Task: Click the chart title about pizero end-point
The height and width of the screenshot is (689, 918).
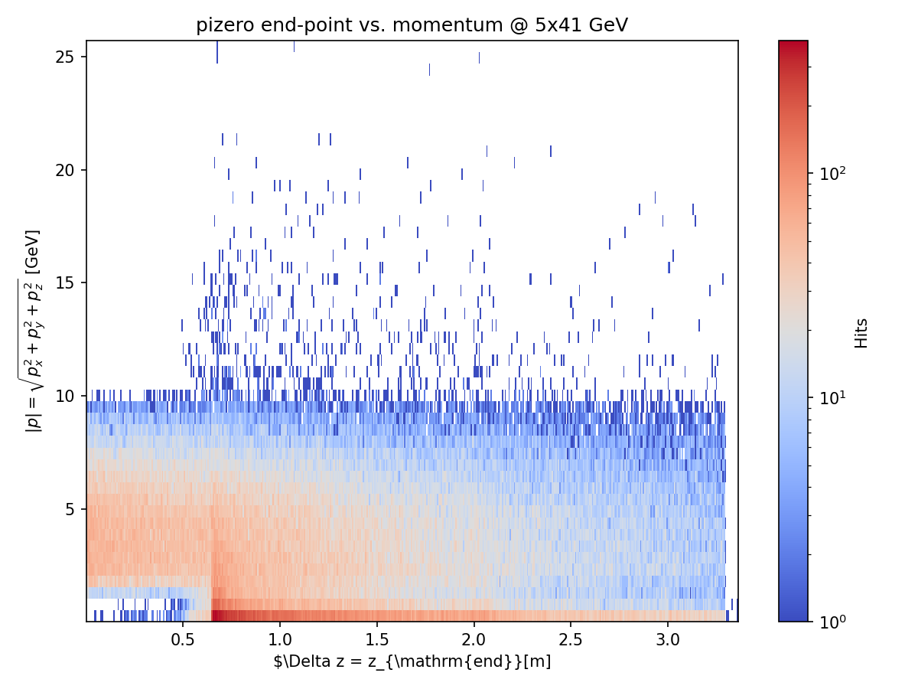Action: (x=412, y=25)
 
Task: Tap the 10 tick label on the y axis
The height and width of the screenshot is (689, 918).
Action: (x=68, y=396)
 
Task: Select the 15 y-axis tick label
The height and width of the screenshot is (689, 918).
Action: (x=68, y=283)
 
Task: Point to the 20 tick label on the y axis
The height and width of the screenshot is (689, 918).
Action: (x=68, y=170)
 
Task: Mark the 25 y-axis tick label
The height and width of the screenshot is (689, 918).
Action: (x=68, y=57)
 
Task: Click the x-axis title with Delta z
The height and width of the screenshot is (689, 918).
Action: (x=412, y=661)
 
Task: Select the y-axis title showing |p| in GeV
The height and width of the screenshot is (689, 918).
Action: (x=34, y=331)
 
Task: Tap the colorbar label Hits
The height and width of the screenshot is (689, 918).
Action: (x=862, y=333)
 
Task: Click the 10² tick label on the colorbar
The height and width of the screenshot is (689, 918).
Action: (x=828, y=174)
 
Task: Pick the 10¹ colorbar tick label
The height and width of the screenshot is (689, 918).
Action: (x=828, y=397)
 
